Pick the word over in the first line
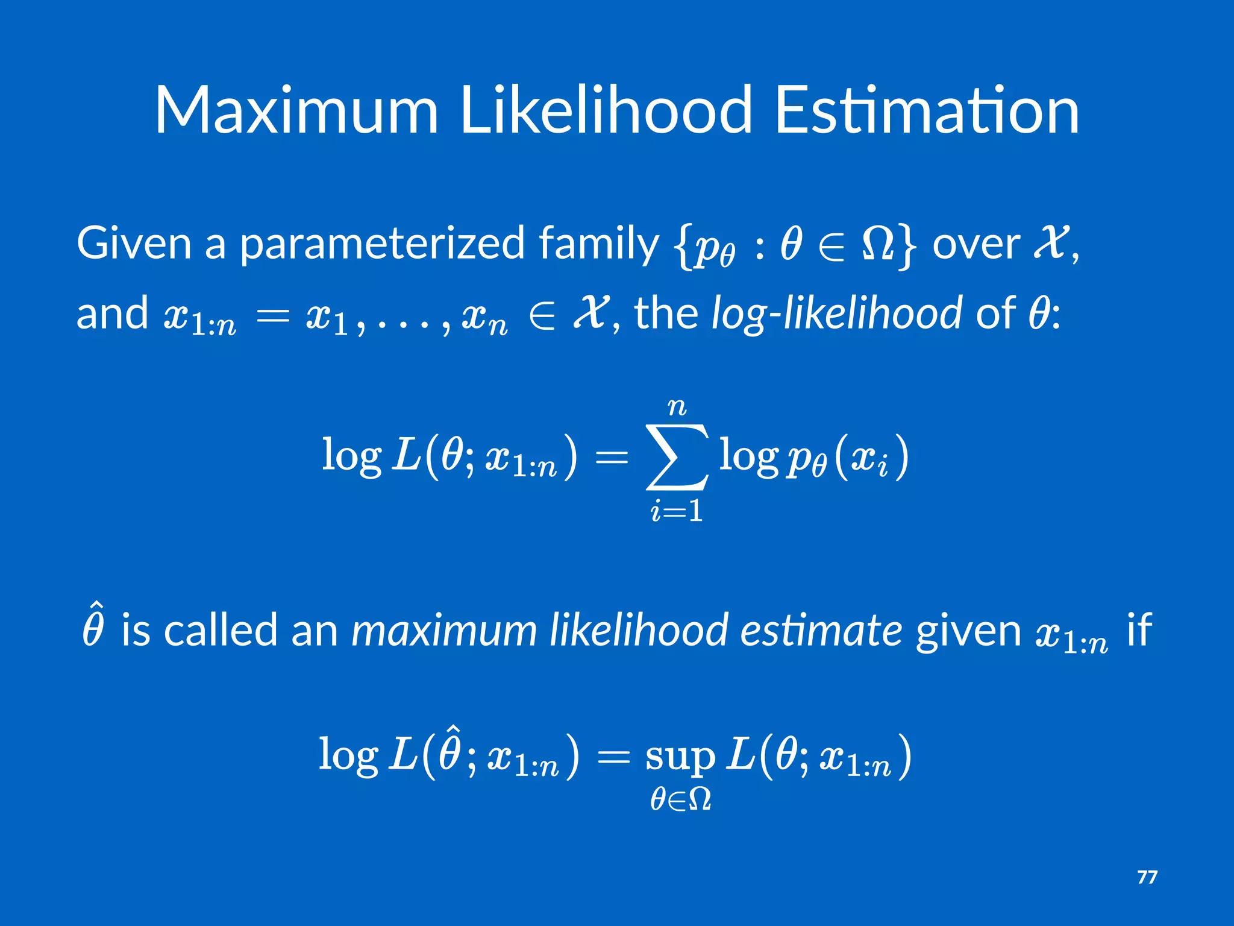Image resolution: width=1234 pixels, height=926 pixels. (x=976, y=245)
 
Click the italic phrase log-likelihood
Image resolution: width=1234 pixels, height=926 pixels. (x=836, y=314)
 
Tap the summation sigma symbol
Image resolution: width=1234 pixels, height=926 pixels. (x=677, y=456)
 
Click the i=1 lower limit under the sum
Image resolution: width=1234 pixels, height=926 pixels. (x=677, y=512)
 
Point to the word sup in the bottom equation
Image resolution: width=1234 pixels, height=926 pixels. (x=680, y=757)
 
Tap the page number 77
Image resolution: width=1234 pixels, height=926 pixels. (x=1147, y=877)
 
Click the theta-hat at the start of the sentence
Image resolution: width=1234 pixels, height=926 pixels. (x=93, y=627)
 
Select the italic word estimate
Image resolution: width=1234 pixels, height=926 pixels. (x=821, y=631)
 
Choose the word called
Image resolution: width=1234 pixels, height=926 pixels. (x=220, y=631)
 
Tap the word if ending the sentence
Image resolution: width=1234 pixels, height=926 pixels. (x=1139, y=629)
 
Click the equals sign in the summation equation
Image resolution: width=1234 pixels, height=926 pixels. (x=611, y=458)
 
